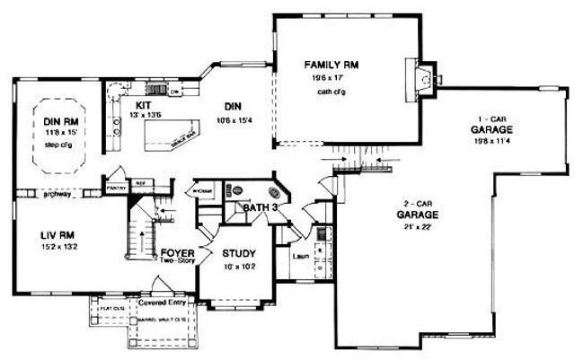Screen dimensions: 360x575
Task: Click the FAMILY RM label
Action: [333, 65]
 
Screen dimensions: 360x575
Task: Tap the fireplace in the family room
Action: [420, 79]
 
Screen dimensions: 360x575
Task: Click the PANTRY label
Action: [115, 189]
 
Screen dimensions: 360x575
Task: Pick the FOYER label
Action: [178, 253]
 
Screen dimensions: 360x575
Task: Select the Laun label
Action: [302, 258]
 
